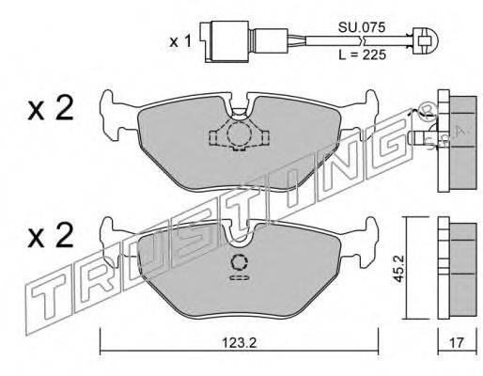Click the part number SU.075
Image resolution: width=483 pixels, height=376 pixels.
[361, 28]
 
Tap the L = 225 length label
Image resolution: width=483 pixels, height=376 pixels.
[363, 55]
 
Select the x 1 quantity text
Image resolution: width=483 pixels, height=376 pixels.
[180, 41]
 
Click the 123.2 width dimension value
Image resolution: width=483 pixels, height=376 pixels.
[239, 343]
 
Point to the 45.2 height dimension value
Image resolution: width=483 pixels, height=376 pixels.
[398, 268]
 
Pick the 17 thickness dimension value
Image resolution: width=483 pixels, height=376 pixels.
[457, 343]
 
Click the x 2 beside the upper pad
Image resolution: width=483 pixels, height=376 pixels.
[51, 108]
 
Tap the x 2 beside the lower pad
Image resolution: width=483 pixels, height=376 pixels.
[51, 236]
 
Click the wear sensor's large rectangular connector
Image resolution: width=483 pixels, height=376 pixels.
[229, 41]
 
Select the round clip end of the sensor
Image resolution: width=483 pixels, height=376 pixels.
[426, 41]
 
